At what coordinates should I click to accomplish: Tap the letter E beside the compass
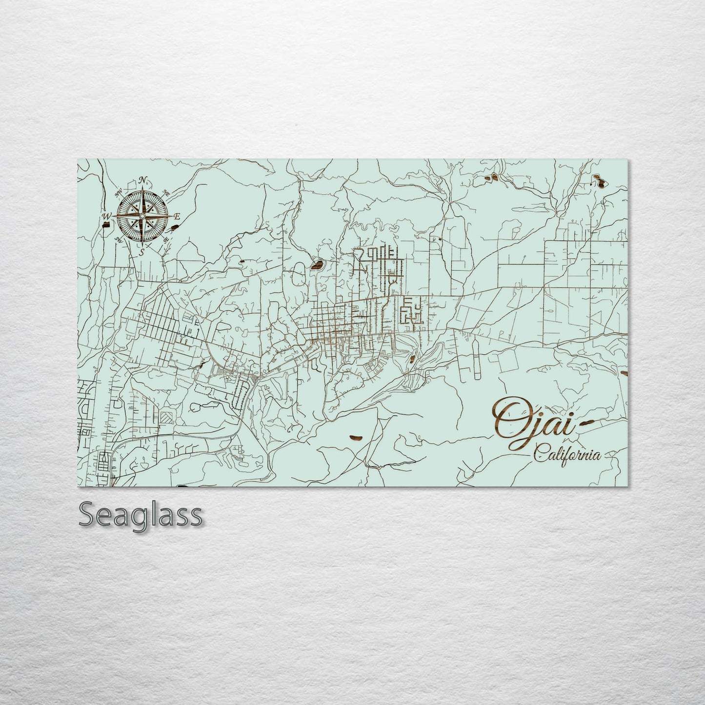click(178, 216)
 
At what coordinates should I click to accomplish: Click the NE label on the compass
click(166, 193)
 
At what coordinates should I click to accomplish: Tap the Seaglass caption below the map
click(140, 515)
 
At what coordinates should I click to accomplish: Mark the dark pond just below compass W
click(107, 225)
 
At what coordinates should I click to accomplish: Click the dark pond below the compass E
click(173, 227)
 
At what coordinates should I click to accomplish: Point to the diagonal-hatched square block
click(167, 417)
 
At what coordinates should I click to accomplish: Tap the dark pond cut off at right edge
click(625, 374)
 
